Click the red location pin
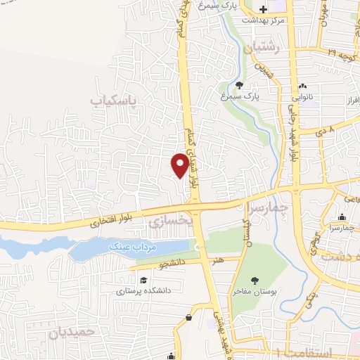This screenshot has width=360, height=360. [x=180, y=165]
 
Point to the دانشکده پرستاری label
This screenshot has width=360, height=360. [x=144, y=289]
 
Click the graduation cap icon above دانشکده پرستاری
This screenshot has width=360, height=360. [x=143, y=279]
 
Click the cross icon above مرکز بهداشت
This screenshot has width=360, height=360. [x=264, y=10]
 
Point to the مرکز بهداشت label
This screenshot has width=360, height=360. [x=263, y=20]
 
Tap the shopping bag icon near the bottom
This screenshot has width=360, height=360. [x=189, y=318]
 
